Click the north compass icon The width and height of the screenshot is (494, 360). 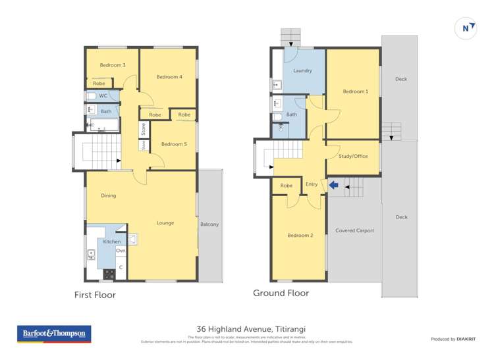pos(466,28)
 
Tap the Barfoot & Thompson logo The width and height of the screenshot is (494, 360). pos(54,334)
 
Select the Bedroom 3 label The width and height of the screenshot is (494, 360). pos(113,65)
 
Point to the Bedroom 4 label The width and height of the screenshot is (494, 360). pos(169,77)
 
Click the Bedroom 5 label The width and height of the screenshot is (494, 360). pos(174,144)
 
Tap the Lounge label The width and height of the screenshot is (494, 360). pos(165,222)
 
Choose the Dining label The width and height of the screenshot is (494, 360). pos(109,195)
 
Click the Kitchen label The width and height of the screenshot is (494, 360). pos(111,242)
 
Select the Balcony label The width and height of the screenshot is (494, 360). pos(209,224)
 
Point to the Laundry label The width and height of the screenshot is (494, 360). pos(302,70)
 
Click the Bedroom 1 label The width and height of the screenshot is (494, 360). pos(356,91)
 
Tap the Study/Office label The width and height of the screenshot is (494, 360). pos(353,156)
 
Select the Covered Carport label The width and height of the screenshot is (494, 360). pos(354,230)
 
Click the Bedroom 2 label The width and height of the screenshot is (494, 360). pos(300,235)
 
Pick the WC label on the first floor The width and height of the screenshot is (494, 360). pos(103,96)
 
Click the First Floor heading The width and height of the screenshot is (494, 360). pos(95,295)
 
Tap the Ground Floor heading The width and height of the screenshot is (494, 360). pos(281,293)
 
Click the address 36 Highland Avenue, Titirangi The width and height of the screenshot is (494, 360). pos(251,329)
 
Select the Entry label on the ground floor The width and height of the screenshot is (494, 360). pos(312,184)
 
